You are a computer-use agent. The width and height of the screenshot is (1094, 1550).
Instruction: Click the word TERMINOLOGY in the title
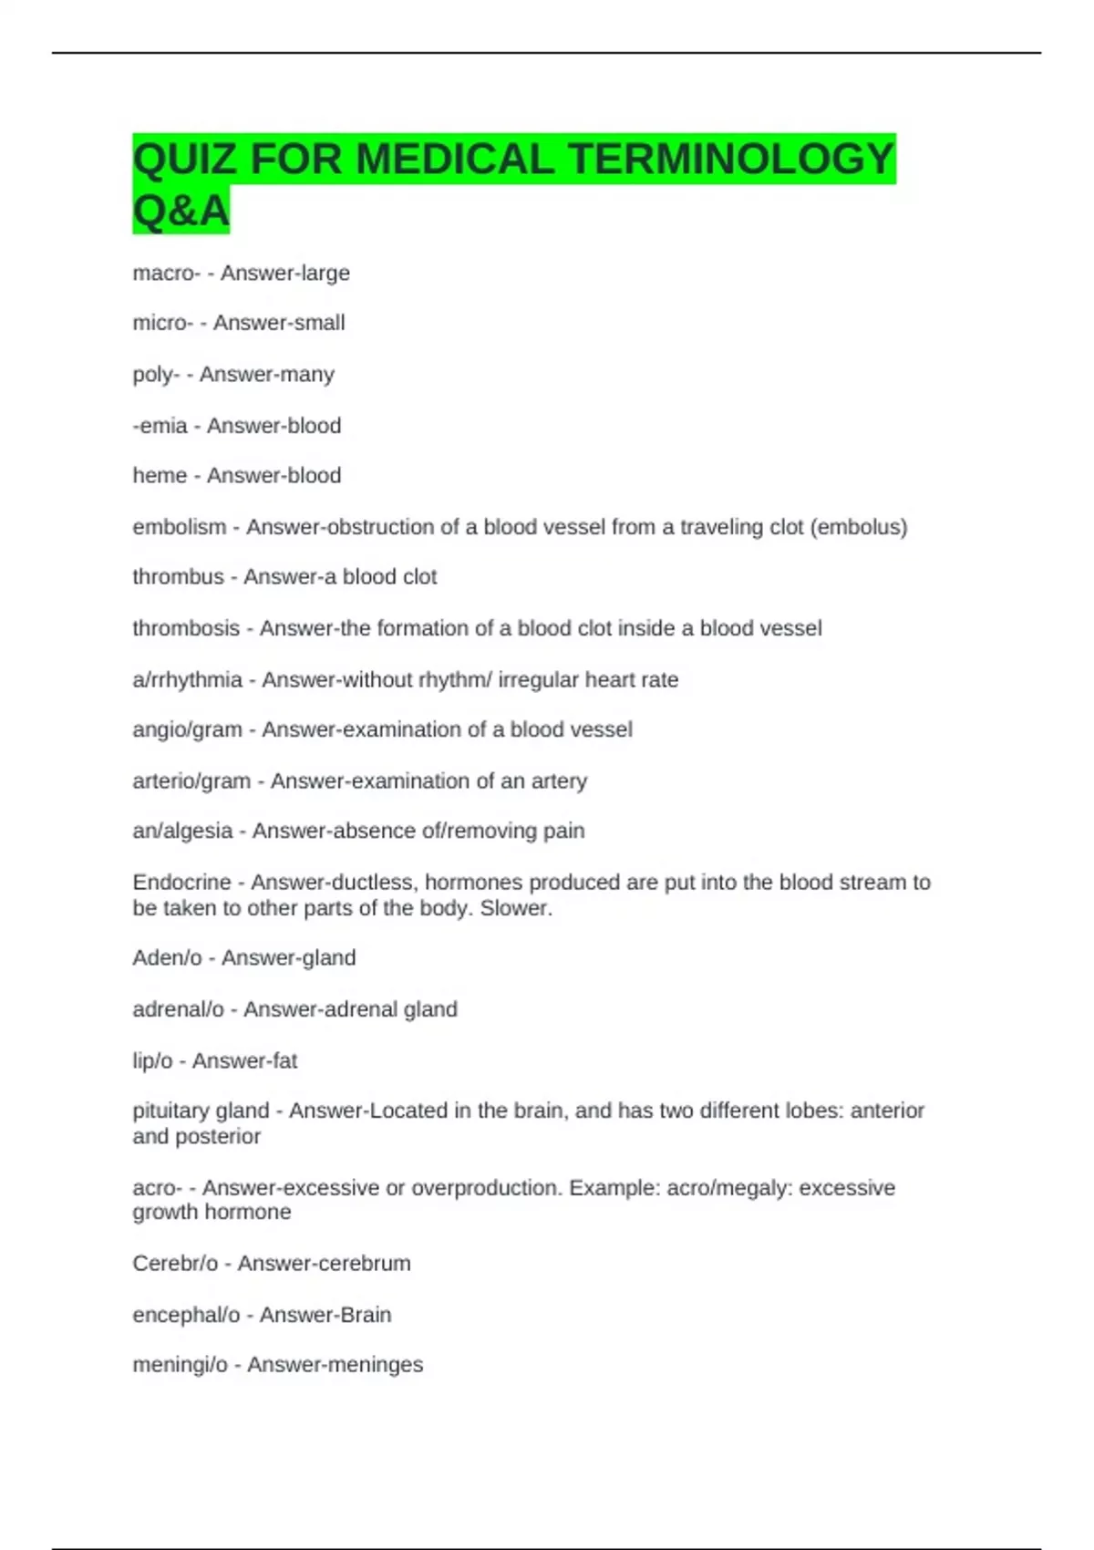(730, 160)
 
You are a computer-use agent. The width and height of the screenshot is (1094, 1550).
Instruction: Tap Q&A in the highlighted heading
(181, 212)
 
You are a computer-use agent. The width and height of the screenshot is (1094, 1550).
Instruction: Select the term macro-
(166, 274)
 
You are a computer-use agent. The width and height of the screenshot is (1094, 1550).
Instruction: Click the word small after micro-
(311, 323)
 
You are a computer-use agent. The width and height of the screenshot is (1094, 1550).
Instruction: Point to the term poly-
(156, 375)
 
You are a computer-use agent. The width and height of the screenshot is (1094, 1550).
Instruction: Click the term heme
(160, 476)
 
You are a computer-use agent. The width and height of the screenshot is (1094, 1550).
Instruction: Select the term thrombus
(178, 577)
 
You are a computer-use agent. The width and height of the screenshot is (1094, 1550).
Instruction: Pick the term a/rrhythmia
(187, 680)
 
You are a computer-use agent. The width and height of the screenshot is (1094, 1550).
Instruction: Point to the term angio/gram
(187, 730)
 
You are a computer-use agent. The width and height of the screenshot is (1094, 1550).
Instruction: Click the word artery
(558, 781)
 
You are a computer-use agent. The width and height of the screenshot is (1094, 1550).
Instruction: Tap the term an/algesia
(182, 832)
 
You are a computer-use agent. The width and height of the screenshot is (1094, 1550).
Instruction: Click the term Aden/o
(167, 958)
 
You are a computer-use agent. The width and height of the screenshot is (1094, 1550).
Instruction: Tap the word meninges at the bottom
(379, 1365)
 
